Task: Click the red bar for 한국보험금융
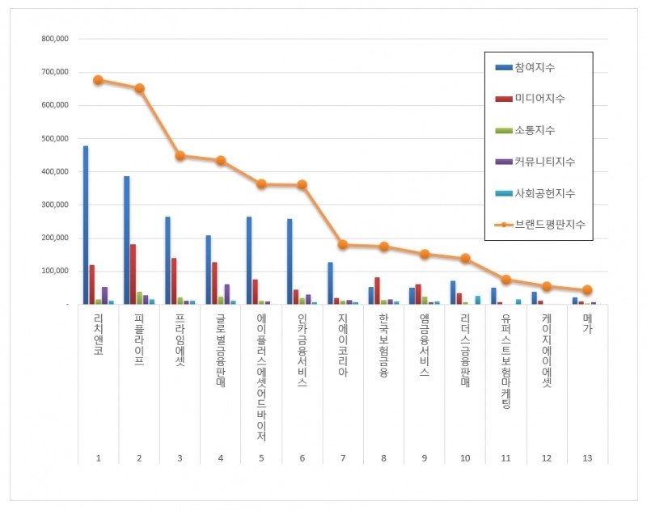point(377,290)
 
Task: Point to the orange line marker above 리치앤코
point(98,80)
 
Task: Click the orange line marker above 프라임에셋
point(180,155)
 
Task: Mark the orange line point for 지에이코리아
point(343,244)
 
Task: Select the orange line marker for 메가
point(588,290)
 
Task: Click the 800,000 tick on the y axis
point(54,39)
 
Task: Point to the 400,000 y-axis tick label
point(54,171)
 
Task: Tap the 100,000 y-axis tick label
point(54,271)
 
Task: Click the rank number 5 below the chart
point(261,457)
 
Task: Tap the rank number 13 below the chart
point(588,457)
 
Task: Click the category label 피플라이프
point(138,340)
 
